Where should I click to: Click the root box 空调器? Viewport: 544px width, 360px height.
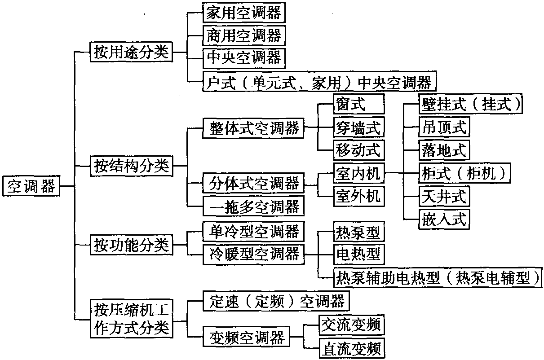[x=31, y=186]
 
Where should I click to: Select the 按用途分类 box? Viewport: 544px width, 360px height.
[x=131, y=52]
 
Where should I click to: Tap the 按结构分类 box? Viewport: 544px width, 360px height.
[x=131, y=166]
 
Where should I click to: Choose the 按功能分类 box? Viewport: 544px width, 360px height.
[x=131, y=245]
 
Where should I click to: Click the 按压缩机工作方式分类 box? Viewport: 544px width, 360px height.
[x=131, y=319]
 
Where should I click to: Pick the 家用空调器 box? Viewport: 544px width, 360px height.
[x=244, y=13]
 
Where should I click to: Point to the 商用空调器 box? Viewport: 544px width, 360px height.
[x=244, y=35]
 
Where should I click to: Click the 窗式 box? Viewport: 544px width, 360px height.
[x=359, y=104]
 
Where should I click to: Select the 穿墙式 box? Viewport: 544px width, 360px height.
[x=359, y=127]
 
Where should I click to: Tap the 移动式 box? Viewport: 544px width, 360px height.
[x=359, y=150]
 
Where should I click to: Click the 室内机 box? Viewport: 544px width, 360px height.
[x=359, y=173]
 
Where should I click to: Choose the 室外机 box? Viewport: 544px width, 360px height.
[x=359, y=196]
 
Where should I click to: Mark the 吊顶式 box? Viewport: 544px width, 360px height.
[x=444, y=127]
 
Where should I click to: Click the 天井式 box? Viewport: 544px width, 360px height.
[x=444, y=196]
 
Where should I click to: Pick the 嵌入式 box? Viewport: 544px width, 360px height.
[x=444, y=219]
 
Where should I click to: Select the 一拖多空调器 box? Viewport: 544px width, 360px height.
[x=253, y=206]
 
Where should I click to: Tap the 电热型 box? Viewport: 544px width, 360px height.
[x=359, y=255]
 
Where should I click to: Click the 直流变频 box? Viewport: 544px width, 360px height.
[x=352, y=348]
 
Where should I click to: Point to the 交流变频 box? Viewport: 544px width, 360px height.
[x=352, y=325]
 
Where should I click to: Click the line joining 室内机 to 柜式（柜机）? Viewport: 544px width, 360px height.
[x=402, y=173]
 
